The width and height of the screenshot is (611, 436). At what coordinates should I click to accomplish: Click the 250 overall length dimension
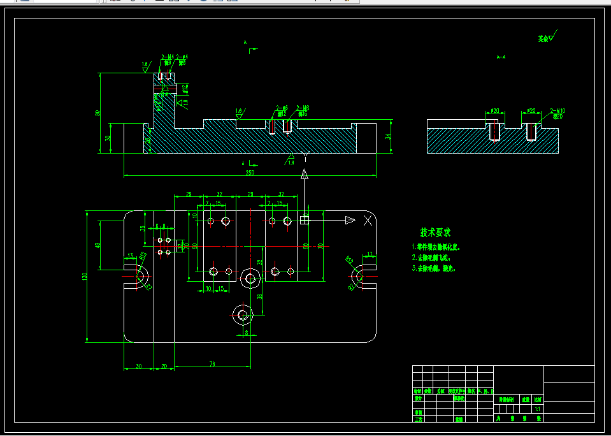coord(250,172)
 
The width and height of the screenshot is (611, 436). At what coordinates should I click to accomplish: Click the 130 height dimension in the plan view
coord(84,276)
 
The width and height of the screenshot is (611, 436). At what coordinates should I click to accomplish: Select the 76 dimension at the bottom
coord(212,365)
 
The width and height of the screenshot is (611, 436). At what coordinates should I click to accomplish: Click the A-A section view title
coord(501,57)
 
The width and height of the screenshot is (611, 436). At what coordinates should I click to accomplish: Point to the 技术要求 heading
coord(435,232)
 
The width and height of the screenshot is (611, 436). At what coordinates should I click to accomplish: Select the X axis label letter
coord(368,221)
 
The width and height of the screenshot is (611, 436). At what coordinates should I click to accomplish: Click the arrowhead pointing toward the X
coord(349,221)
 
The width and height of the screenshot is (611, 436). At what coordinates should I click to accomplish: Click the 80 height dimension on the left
coord(97,113)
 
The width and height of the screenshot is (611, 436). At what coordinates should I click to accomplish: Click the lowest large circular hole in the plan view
coord(242,314)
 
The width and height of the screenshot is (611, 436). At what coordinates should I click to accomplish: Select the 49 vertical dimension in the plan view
coord(97,245)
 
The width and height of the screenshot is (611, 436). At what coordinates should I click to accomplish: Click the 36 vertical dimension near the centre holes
coord(261,296)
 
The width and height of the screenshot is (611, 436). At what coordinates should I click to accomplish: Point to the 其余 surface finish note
coord(543,39)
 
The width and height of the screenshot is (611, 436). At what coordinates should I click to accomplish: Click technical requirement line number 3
coord(436,269)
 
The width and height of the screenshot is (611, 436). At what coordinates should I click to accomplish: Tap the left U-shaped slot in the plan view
coord(139,276)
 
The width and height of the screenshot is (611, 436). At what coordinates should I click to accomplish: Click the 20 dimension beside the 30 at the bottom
coord(164,366)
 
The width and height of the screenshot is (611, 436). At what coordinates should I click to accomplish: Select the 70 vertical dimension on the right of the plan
coord(320,245)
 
